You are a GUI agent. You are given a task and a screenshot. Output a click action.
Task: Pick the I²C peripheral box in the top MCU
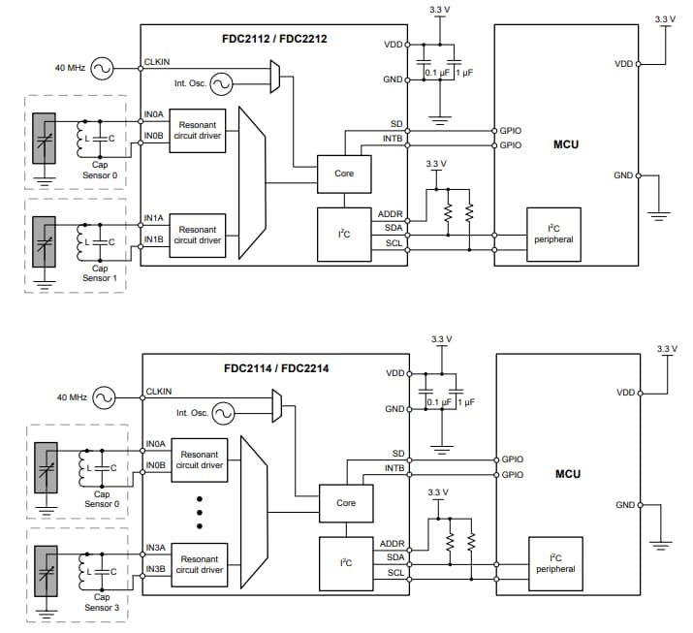click(553, 234)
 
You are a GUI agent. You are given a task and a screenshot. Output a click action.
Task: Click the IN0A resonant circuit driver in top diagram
click(197, 130)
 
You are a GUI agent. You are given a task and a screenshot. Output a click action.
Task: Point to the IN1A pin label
click(155, 220)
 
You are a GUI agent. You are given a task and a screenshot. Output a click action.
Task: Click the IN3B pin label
click(156, 569)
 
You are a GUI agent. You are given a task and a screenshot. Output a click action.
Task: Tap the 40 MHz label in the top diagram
click(70, 68)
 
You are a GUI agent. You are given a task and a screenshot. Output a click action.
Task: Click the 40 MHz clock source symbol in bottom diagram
click(103, 397)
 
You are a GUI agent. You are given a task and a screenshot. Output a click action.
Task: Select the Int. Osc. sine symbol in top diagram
click(221, 84)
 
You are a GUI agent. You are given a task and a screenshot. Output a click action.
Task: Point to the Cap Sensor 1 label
click(99, 273)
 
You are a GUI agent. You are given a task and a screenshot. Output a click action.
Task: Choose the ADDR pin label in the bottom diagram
click(392, 544)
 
